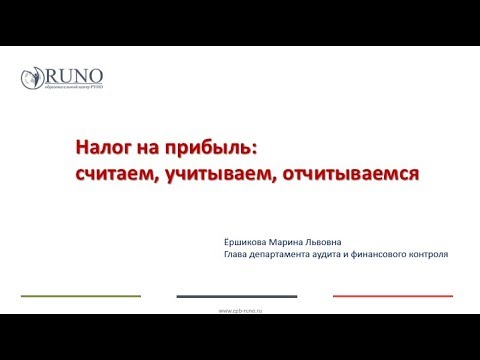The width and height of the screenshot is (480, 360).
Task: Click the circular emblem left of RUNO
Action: [x=32, y=79]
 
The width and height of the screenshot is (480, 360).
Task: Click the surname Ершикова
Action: [x=248, y=240]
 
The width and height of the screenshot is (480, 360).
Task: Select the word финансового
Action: [x=397, y=254]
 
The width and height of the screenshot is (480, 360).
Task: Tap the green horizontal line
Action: [x=81, y=296]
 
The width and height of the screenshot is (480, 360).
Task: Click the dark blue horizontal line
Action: [x=237, y=296]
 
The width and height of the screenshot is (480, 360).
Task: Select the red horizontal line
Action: [x=393, y=296]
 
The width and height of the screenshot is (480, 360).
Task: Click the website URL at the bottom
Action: [x=240, y=310]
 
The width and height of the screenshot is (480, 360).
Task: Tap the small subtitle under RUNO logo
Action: [x=72, y=90]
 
